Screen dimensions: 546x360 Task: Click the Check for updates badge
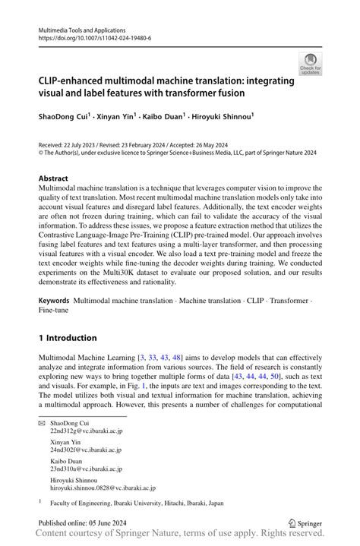pyautogui.click(x=310, y=64)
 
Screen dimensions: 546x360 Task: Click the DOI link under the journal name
pyautogui.click(x=88, y=38)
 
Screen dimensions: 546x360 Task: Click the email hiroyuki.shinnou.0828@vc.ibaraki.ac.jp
pyautogui.click(x=103, y=488)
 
